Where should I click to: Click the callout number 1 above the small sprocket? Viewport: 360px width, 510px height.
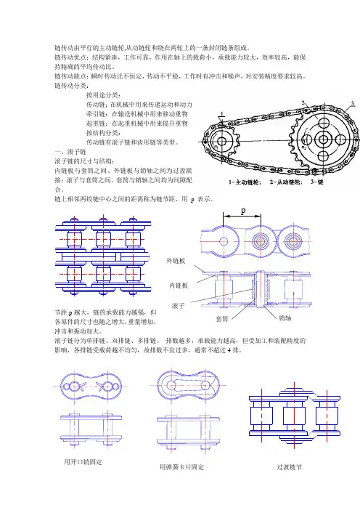[222, 114]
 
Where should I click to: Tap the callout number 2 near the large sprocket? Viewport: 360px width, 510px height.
[303, 102]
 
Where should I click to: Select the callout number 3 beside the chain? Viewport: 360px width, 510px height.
[353, 104]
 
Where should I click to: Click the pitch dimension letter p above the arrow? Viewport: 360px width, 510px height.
[243, 211]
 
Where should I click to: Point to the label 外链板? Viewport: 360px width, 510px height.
[176, 261]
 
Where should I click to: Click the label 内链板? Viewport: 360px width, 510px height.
[179, 286]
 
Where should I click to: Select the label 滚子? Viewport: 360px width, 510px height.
[178, 305]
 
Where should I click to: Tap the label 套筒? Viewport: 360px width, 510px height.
[222, 319]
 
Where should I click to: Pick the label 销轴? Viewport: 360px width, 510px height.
[285, 317]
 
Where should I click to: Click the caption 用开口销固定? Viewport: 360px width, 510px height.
[83, 462]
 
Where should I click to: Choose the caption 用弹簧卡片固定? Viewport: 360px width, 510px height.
[181, 467]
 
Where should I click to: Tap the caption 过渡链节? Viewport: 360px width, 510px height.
[289, 467]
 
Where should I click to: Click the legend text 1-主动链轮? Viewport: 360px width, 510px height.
[245, 182]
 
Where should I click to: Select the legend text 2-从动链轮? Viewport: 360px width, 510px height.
[285, 182]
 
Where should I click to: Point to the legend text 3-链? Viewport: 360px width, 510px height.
[316, 182]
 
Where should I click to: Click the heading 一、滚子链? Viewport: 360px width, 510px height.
[70, 152]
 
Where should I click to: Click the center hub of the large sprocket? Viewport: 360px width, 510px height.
[323, 140]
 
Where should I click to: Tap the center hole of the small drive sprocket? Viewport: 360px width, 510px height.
[222, 142]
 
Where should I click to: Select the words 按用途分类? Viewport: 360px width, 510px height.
[103, 95]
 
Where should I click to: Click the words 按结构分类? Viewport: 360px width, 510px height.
[103, 133]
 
